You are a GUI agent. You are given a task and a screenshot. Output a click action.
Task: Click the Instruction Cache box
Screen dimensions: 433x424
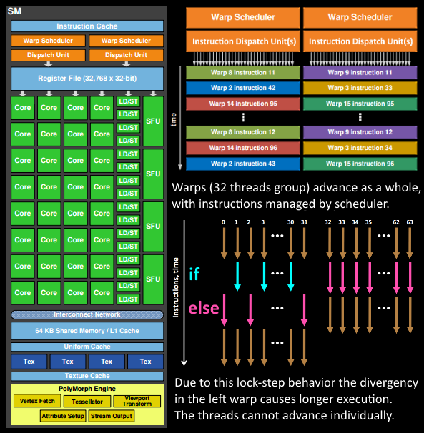(x=87, y=26)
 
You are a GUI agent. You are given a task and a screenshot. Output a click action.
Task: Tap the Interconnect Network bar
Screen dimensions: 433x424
(x=87, y=314)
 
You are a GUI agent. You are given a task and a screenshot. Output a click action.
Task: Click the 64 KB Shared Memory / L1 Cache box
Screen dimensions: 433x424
(x=87, y=331)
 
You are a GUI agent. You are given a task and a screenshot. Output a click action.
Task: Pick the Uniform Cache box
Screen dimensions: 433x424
(x=87, y=347)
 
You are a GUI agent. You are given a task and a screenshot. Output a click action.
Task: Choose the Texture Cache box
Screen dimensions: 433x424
(x=87, y=376)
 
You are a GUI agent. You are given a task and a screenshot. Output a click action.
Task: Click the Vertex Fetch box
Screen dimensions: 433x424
(x=37, y=401)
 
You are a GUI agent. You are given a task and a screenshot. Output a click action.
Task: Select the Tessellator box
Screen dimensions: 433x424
(x=87, y=401)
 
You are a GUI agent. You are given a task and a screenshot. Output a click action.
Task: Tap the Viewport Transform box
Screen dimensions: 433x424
(x=137, y=401)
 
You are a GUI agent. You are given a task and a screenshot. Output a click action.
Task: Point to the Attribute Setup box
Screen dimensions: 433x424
(x=62, y=415)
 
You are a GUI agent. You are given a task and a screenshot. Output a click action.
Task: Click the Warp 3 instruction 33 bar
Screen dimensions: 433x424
(x=360, y=88)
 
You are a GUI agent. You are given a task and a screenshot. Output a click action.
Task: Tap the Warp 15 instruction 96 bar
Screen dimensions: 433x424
(x=360, y=163)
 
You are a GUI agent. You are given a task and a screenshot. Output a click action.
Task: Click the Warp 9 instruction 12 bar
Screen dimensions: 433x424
(x=360, y=132)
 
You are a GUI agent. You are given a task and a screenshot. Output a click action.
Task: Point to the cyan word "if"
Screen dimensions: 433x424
(x=194, y=274)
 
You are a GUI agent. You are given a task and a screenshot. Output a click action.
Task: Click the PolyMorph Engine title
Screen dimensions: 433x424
(x=87, y=388)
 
